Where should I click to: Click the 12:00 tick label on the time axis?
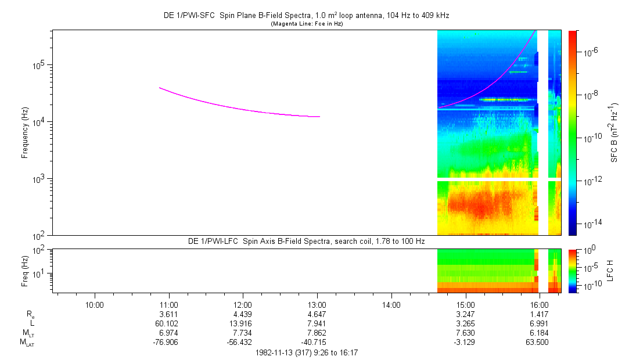[x=243, y=304]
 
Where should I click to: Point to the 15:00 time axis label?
[x=465, y=304]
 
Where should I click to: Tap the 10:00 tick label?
[x=94, y=304]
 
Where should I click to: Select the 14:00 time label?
[x=391, y=304]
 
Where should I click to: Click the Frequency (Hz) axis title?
[x=25, y=133]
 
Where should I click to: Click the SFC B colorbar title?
[x=614, y=133]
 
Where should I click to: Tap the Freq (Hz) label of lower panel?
[x=25, y=271]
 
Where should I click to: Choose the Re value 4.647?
[x=317, y=314]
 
